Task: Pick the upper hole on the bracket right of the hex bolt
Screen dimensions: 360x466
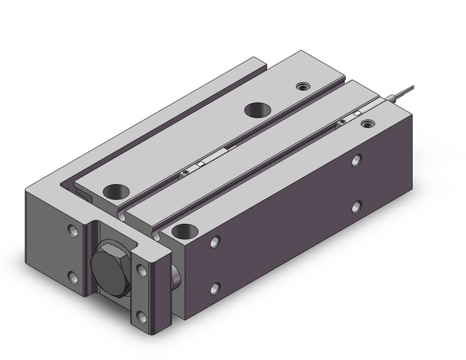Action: [142, 270]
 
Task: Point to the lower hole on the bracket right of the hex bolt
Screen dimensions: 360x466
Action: [142, 315]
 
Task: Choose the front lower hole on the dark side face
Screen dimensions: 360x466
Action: [215, 287]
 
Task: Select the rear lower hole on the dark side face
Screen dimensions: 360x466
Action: [356, 207]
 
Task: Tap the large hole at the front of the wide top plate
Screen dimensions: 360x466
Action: [115, 191]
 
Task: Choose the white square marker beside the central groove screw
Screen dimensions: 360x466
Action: [201, 165]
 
